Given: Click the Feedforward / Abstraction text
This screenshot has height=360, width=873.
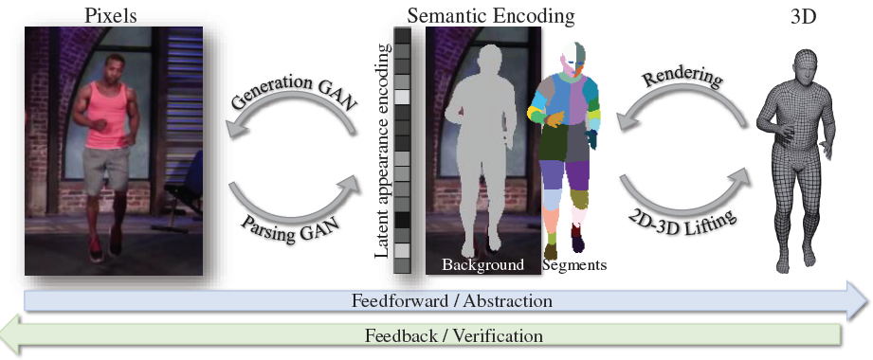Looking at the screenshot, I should [x=451, y=300].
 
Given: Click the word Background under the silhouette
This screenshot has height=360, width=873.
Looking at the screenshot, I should [x=482, y=264].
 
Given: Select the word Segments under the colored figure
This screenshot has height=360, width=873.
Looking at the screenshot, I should [x=574, y=264].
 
